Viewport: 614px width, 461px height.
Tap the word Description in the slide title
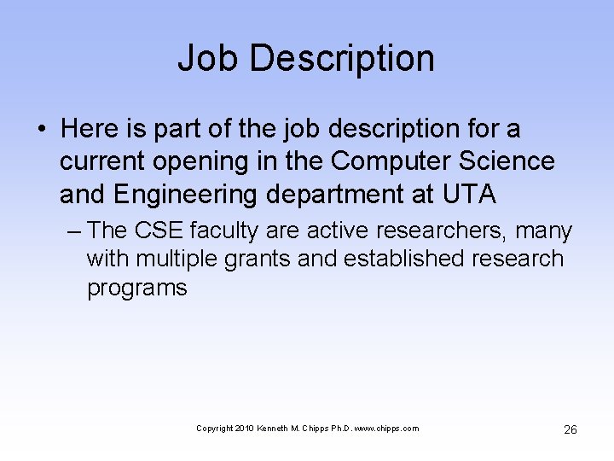point(342,58)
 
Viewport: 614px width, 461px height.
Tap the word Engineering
point(183,195)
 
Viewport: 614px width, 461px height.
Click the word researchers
point(433,230)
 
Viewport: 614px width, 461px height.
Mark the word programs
point(136,289)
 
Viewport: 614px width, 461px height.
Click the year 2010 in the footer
point(245,429)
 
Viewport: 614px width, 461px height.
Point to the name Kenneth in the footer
point(272,429)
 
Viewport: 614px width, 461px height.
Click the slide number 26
point(570,429)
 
